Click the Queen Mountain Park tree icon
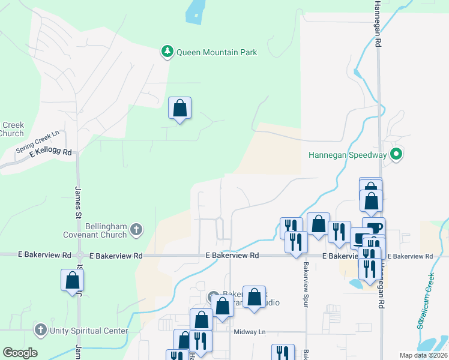click(167, 52)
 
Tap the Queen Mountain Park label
click(217, 52)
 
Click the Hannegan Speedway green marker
click(396, 155)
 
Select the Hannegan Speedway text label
click(348, 155)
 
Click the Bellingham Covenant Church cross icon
click(136, 229)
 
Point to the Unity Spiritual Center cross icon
click(40, 330)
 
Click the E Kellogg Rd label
click(50, 154)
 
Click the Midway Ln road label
click(249, 332)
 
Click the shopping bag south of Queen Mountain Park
click(179, 109)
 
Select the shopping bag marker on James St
click(72, 280)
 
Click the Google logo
click(20, 353)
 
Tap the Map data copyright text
click(423, 355)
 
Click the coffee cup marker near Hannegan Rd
click(373, 228)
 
